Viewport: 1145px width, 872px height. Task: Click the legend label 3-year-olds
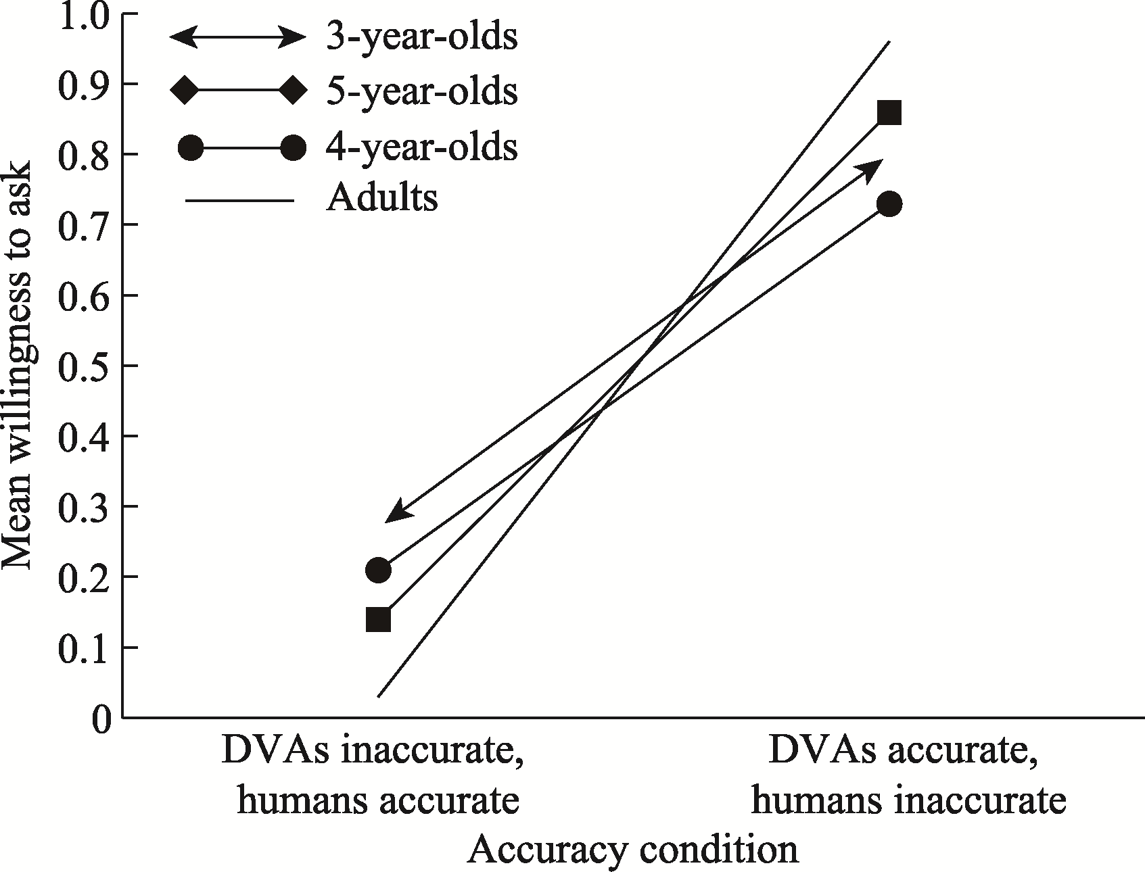[x=422, y=38]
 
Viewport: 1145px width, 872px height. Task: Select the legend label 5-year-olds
[x=422, y=91]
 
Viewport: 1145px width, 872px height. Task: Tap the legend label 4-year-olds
[x=422, y=146]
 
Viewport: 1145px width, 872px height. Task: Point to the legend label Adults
[x=381, y=199]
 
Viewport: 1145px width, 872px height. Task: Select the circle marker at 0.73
[x=889, y=204]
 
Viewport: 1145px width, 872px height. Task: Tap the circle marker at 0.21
[x=378, y=571]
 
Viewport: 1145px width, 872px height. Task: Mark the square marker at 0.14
[x=378, y=620]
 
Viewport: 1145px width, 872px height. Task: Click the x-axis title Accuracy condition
[x=632, y=850]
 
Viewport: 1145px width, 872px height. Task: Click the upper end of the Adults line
[x=889, y=42]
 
